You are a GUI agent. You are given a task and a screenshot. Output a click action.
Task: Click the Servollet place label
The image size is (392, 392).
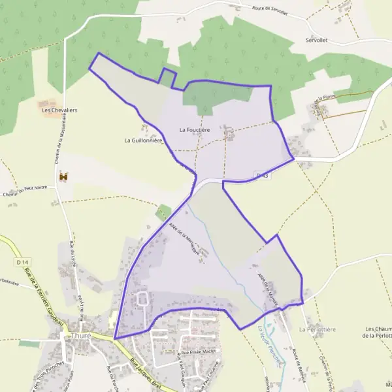pos(316,40)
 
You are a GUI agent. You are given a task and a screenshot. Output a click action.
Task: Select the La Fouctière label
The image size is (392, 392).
pos(195,130)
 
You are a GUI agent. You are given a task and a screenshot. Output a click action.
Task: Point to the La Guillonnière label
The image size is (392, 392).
pos(143,140)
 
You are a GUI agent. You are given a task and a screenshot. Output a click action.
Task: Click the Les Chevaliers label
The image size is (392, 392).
pos(59,110)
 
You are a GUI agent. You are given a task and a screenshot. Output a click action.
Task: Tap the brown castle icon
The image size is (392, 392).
pos(63,176)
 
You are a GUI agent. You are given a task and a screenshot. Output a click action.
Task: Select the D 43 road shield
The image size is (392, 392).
pos(263,176)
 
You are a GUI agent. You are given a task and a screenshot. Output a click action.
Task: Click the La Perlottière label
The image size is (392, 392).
pos(317,330)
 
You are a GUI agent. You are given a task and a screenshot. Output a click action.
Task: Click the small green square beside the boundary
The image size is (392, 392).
pos(163,212)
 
